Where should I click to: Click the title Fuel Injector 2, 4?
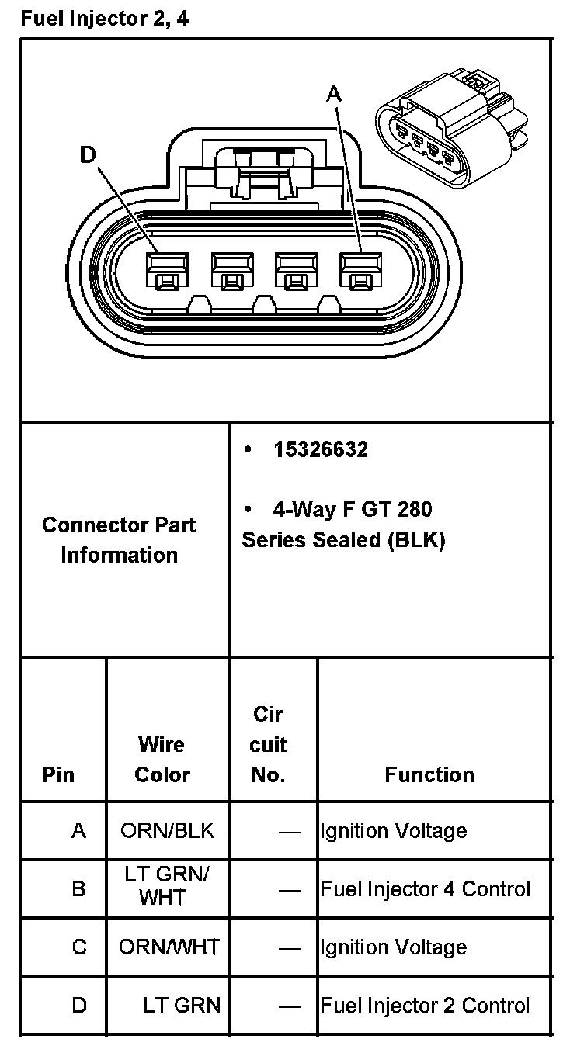pos(104,19)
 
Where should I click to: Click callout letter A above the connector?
pos(334,95)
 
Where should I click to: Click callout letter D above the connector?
pos(87,155)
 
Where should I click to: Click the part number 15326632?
pos(320,450)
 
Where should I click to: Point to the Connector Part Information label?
pos(119,540)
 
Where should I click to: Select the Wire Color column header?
pos(162,760)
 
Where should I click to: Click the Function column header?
pos(429,774)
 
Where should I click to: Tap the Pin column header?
pos(59,774)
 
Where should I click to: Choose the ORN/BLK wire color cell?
pos(167,831)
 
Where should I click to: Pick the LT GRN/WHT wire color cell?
pos(167,885)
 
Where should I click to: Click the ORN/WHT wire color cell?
pos(169,947)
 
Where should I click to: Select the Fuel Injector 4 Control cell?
pos(426,889)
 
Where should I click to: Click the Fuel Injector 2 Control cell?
pos(426,1006)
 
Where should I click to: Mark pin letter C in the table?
pos(79,947)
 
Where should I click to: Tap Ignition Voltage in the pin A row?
pos(394,831)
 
